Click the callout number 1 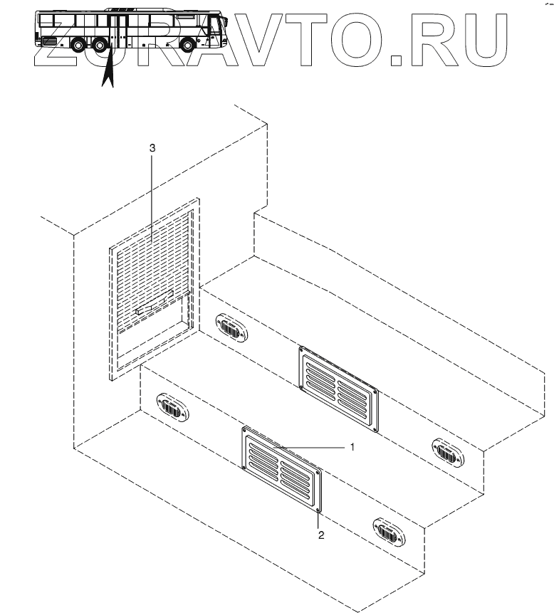pyautogui.click(x=352, y=447)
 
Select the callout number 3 pyautogui.click(x=151, y=147)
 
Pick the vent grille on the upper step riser pyautogui.click(x=339, y=389)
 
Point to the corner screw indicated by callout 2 pyautogui.click(x=318, y=510)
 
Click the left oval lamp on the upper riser pyautogui.click(x=229, y=328)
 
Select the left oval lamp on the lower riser pyautogui.click(x=172, y=409)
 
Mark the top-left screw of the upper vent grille pyautogui.click(x=302, y=349)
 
